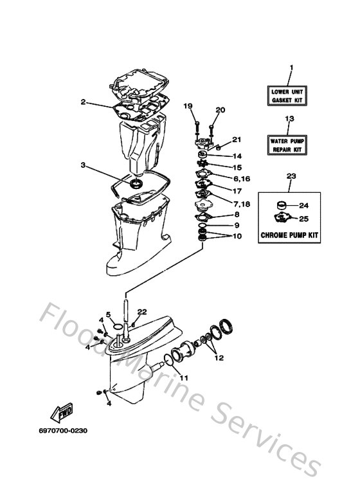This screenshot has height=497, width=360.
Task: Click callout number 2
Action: coord(83,102)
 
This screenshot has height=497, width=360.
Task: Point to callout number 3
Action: coord(83,165)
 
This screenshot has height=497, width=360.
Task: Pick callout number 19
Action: coord(188,105)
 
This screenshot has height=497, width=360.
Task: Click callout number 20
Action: coord(221,110)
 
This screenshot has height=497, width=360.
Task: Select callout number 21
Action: coord(237,140)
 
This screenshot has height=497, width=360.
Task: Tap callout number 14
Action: coord(237,156)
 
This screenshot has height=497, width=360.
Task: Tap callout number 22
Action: coord(142,312)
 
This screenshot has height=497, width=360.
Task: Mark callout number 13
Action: coord(289,119)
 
